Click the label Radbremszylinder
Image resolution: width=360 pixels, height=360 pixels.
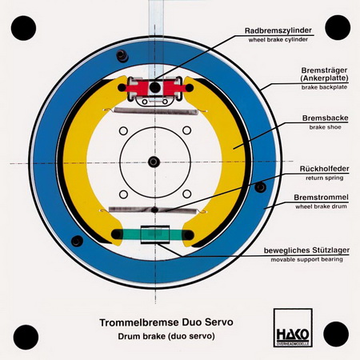coord(278,30)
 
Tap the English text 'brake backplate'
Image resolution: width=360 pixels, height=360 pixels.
coord(324,87)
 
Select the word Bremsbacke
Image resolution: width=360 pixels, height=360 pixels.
coord(325,118)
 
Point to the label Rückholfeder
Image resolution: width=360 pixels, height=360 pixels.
coord(324,169)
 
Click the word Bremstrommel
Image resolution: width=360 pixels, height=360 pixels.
coord(321,198)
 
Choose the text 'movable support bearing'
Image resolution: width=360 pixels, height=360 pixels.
coord(306,259)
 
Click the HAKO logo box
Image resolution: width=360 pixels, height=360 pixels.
coord(293,328)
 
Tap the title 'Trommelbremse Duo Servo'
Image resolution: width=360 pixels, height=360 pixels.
coord(166,322)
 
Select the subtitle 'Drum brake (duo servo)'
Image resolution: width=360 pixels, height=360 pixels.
coord(166,336)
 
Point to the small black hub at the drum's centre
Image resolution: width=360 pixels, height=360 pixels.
coord(154,162)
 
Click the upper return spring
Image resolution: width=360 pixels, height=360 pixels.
coord(155,111)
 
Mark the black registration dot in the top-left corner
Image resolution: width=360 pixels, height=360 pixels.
coord(23,28)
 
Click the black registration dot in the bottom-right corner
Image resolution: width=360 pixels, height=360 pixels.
coord(336,334)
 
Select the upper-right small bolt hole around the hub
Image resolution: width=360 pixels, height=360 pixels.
coord(186,130)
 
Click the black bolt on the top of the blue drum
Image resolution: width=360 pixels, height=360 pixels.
coord(122,56)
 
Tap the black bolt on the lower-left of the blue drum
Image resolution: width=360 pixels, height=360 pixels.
coord(77,241)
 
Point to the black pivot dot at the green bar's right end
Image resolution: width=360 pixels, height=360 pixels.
coord(188,235)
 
